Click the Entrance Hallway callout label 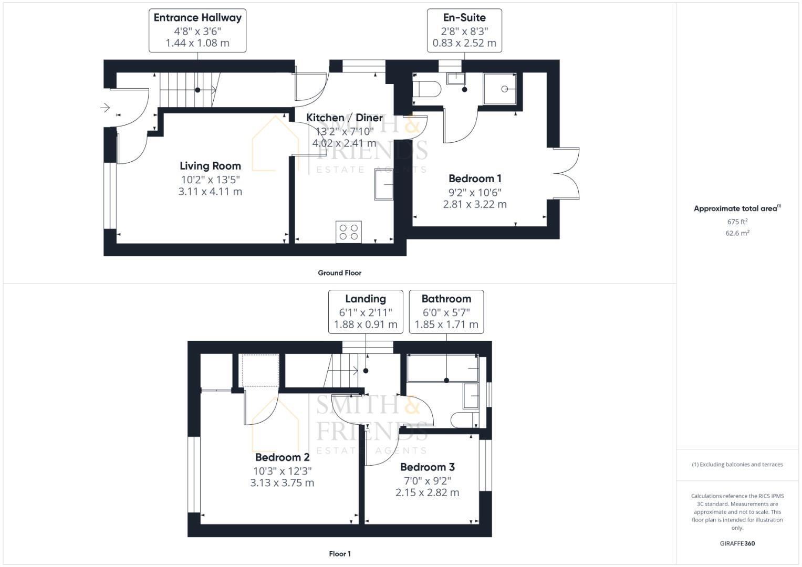pyautogui.click(x=197, y=18)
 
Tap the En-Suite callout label pyautogui.click(x=464, y=18)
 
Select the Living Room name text pyautogui.click(x=210, y=166)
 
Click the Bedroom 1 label pyautogui.click(x=475, y=179)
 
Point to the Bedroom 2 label pyautogui.click(x=282, y=458)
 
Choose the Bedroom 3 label pyautogui.click(x=428, y=467)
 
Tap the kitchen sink pyautogui.click(x=384, y=184)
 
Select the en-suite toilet pyautogui.click(x=426, y=89)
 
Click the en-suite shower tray pyautogui.click(x=499, y=89)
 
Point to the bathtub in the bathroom pyautogui.click(x=443, y=368)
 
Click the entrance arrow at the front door pyautogui.click(x=105, y=108)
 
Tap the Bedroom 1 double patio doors pyautogui.click(x=567, y=172)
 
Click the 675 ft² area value pyautogui.click(x=737, y=222)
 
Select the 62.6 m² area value pyautogui.click(x=737, y=233)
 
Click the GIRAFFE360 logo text pyautogui.click(x=737, y=543)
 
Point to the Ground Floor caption pyautogui.click(x=340, y=273)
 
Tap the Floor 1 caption pyautogui.click(x=340, y=554)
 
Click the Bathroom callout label pyautogui.click(x=446, y=299)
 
